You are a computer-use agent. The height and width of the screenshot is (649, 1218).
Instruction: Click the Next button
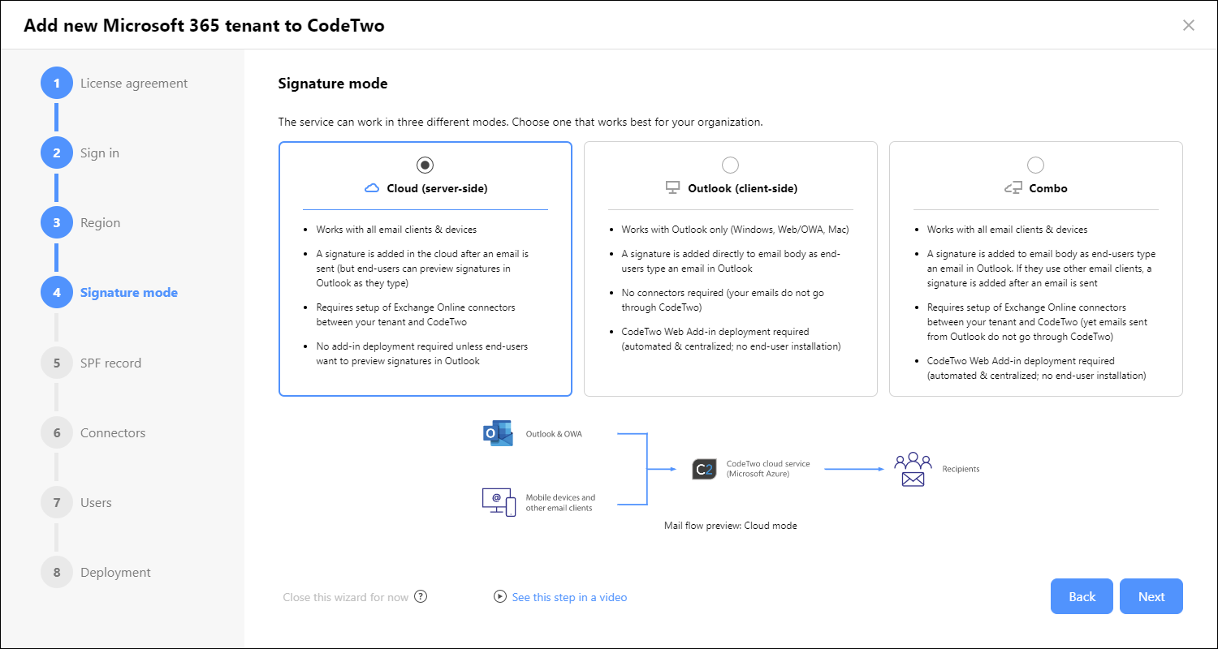1151,596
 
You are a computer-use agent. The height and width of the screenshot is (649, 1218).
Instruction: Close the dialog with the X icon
1189,25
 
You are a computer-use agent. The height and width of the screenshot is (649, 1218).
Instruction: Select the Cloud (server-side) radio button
425,165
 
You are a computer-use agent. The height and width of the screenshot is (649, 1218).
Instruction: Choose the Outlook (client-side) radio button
730,165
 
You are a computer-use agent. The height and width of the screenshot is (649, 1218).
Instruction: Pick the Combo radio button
1035,165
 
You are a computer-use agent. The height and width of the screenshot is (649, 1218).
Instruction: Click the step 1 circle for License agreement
57,83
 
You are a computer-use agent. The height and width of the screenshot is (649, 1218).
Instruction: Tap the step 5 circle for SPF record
57,363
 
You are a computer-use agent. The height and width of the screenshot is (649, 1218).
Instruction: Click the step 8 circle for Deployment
57,572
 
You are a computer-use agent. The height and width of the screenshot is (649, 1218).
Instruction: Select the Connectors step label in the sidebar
113,433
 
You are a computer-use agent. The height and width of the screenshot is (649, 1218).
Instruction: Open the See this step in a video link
569,597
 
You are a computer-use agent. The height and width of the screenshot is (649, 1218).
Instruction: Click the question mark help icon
421,596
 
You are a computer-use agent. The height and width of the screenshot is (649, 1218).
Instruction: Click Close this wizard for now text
345,597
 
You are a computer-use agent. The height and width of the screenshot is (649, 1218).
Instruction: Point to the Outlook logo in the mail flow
498,433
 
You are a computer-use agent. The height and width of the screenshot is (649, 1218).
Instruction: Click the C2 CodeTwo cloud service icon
704,469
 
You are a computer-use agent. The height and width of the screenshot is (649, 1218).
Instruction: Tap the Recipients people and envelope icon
913,469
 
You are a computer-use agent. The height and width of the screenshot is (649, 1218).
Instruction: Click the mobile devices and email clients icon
499,502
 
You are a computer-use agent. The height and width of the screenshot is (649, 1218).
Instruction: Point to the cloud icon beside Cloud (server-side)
372,188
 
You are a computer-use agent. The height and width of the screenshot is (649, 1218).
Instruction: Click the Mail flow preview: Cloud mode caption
730,525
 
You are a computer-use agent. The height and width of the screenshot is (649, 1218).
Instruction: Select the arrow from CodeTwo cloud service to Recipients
854,469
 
